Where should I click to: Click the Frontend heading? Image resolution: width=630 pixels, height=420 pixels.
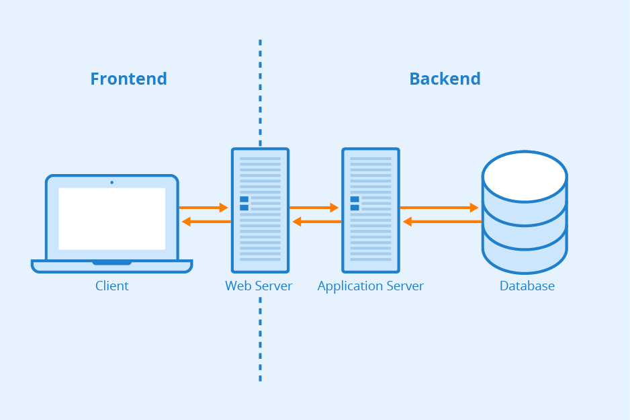point(128,79)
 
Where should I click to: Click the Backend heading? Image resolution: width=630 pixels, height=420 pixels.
point(445,79)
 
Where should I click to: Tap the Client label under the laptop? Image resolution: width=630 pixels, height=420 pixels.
point(111,286)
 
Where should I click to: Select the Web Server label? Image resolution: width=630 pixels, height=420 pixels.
point(259,286)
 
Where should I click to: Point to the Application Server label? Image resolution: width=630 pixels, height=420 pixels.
point(370,286)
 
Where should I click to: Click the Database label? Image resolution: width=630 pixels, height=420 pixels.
point(527,286)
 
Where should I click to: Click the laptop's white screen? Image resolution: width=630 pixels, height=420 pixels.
point(111,218)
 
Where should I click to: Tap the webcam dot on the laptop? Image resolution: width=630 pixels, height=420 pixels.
point(111,182)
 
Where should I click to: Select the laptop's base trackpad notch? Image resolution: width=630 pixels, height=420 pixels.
point(111,263)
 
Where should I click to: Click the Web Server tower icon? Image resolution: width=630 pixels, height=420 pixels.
point(260,210)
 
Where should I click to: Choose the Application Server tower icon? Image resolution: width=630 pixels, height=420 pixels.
point(370,210)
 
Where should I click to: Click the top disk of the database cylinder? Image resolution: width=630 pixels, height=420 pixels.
point(525,176)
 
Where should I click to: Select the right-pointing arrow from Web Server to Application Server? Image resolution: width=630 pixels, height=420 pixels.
point(314,208)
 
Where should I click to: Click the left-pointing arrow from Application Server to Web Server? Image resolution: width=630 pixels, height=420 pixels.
point(316,222)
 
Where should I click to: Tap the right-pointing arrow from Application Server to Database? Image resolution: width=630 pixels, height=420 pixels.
point(439,208)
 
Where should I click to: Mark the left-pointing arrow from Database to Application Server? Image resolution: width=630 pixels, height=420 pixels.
point(442,222)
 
